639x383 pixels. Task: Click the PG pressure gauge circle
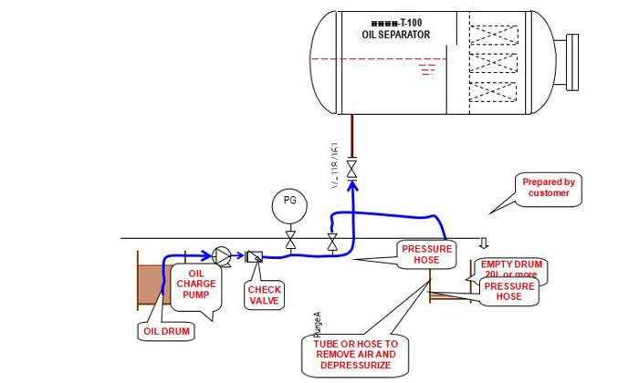point(290,202)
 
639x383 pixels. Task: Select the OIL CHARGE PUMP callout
point(203,285)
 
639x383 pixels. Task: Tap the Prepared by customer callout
point(548,188)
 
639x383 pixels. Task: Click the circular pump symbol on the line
point(222,255)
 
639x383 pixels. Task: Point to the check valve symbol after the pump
point(255,257)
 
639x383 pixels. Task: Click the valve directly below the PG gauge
point(290,241)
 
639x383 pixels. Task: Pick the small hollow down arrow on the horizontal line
point(484,243)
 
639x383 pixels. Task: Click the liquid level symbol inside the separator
point(427,68)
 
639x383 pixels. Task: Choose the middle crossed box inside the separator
point(494,65)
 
